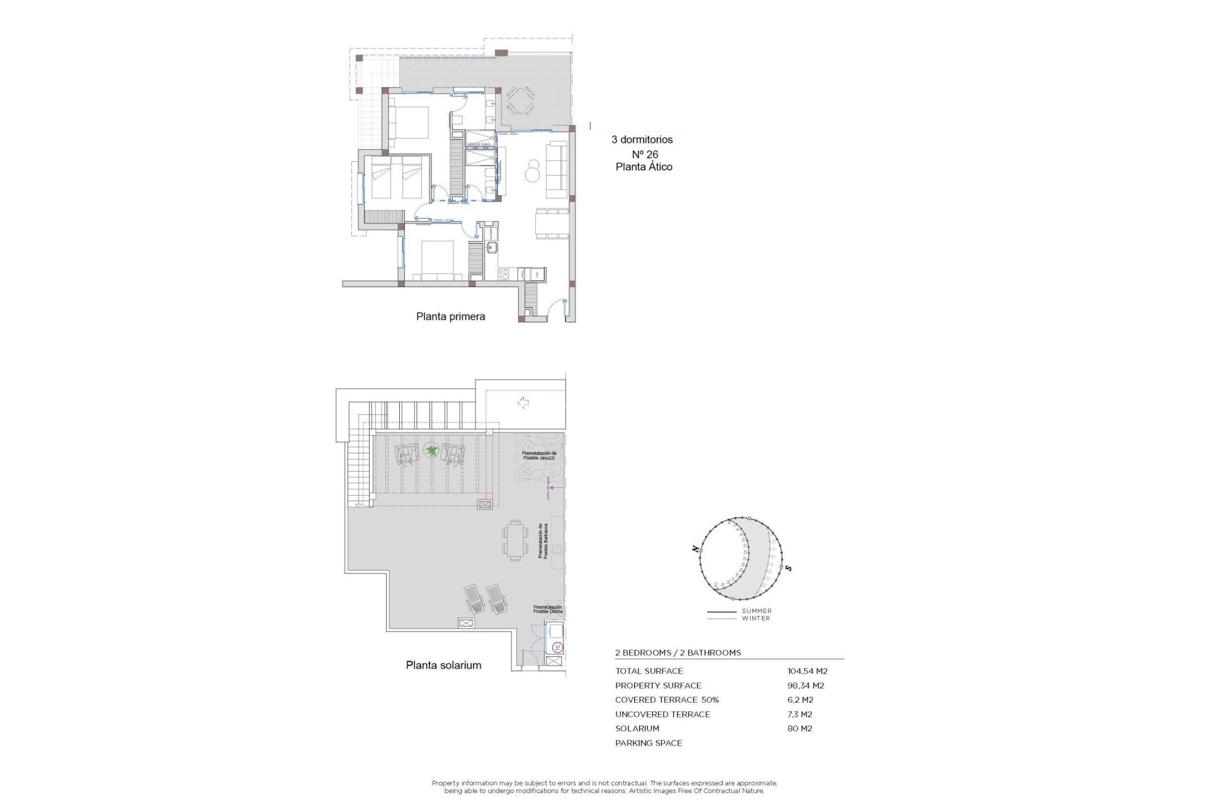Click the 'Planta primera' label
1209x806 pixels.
(x=450, y=317)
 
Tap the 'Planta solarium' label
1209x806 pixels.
(x=443, y=665)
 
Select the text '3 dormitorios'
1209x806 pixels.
(x=642, y=140)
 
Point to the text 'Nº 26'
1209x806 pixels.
(x=645, y=154)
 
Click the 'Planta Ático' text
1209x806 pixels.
(x=644, y=167)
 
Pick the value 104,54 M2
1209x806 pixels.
(x=807, y=671)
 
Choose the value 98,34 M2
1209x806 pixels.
(x=805, y=686)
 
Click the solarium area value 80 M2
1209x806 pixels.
(x=800, y=729)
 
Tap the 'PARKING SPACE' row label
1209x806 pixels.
(x=649, y=743)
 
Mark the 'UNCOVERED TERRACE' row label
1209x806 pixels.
(x=662, y=714)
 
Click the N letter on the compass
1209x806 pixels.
(x=695, y=549)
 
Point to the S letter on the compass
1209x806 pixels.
(x=788, y=569)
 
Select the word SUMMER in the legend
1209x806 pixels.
(x=756, y=611)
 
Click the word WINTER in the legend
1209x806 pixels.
(x=756, y=618)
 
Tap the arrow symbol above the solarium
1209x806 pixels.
(x=523, y=402)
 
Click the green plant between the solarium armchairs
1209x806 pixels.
(x=431, y=450)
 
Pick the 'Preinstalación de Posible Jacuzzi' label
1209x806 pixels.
(x=539, y=455)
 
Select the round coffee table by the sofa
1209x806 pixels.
(x=533, y=170)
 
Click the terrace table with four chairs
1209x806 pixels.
(x=520, y=101)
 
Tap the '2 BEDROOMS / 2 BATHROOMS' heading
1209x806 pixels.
(x=678, y=653)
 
